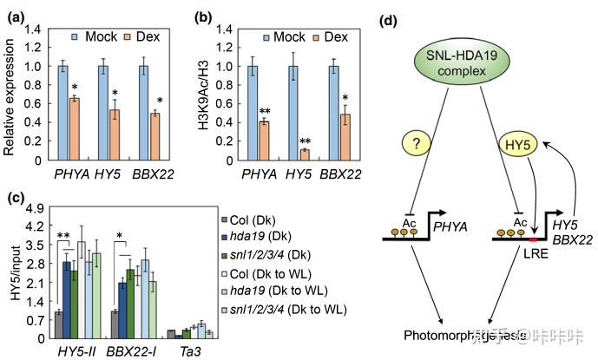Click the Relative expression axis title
tap(10, 90)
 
